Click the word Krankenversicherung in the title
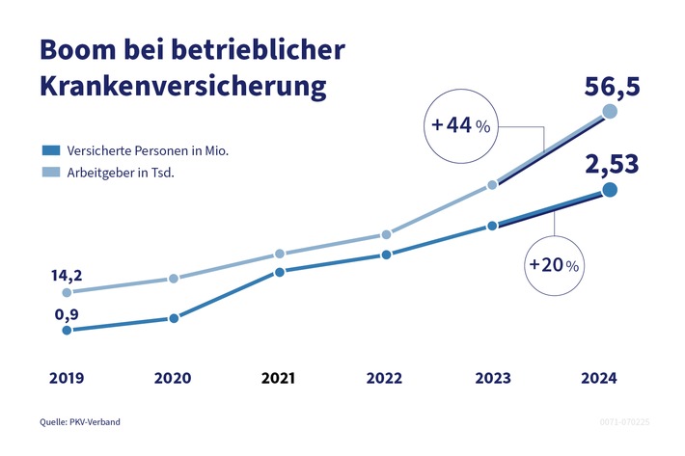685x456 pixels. pos(183,87)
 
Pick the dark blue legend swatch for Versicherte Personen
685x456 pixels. pos(51,150)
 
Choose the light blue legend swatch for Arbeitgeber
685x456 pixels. pos(51,173)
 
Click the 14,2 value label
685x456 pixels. pos(66,275)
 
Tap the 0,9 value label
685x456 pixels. pos(65,313)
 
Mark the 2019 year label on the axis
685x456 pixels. pos(66,379)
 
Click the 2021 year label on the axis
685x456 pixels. pos(280,379)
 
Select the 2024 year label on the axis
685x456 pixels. pos(598,379)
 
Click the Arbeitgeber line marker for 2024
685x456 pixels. pos(610,113)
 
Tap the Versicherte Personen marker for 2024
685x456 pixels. pos(610,190)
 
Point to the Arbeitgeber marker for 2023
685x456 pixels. pos(492,184)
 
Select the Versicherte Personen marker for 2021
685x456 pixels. pos(279,272)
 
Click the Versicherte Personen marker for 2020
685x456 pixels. pos(174,318)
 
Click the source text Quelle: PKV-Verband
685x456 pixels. pos(80,422)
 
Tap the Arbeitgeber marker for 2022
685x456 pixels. pos(386,234)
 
